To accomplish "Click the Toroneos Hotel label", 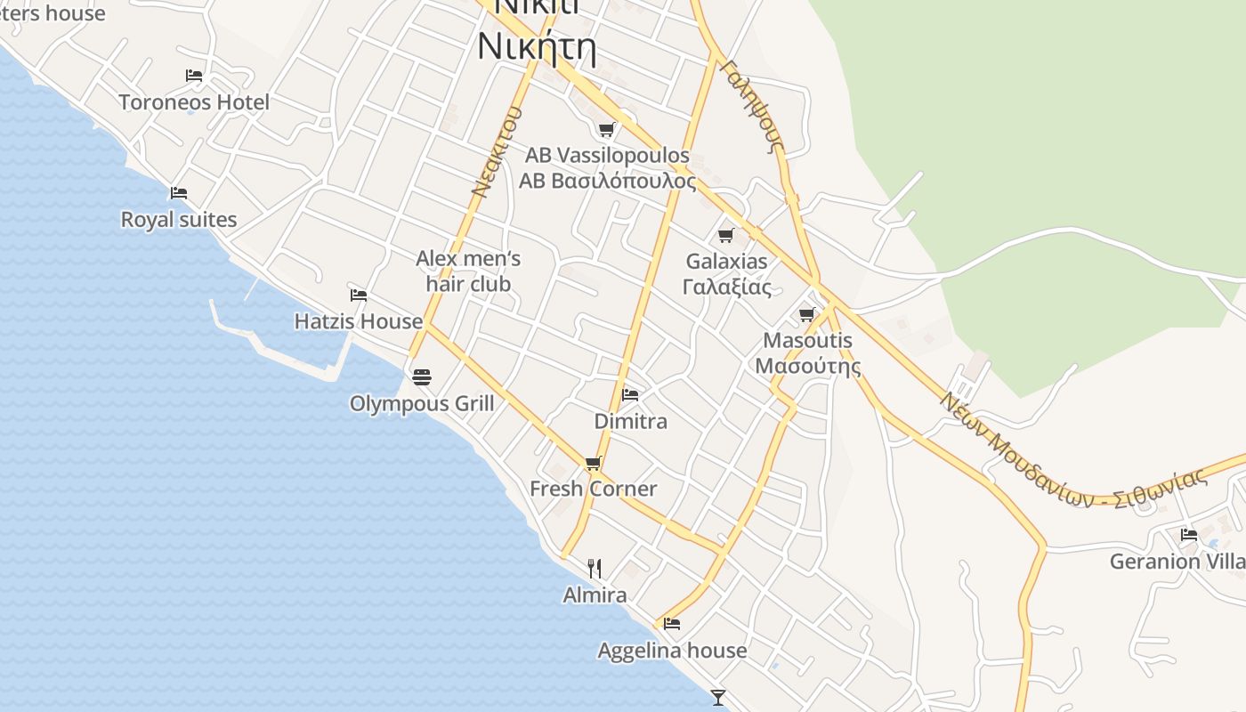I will coord(194,102).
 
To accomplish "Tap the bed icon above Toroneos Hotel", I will coord(194,76).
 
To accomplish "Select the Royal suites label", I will coord(179,220).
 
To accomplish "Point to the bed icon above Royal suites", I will coord(179,193).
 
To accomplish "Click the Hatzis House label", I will coord(359,321).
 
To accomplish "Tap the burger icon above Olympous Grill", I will coord(422,376).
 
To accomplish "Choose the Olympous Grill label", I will coord(422,404).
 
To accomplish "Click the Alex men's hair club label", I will coord(468,271).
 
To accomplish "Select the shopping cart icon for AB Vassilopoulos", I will coord(607,130).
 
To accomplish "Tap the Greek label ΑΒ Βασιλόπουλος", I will coord(607,181).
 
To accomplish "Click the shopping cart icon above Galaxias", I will coord(726,236).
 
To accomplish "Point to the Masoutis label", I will coord(807,341).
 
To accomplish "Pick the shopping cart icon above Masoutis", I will coord(807,314).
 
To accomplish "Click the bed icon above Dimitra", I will coord(630,394).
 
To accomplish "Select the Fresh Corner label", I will coord(593,489).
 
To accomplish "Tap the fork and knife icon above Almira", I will coord(595,568).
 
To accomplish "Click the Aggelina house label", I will coord(672,651).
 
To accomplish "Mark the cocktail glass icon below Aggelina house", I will coord(718,697).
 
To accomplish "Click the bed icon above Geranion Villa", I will coord(1188,535).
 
